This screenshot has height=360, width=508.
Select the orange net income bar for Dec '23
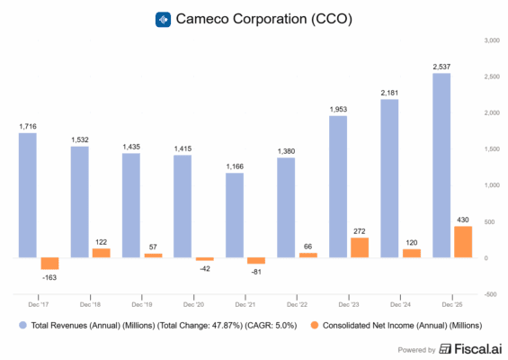[360, 247]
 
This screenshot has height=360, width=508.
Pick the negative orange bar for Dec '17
[49, 264]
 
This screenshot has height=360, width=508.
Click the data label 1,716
[27, 126]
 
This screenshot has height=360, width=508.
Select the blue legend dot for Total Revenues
[18, 324]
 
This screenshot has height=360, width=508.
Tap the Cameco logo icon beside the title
[163, 19]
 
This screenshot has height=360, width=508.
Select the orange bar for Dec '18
[102, 253]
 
